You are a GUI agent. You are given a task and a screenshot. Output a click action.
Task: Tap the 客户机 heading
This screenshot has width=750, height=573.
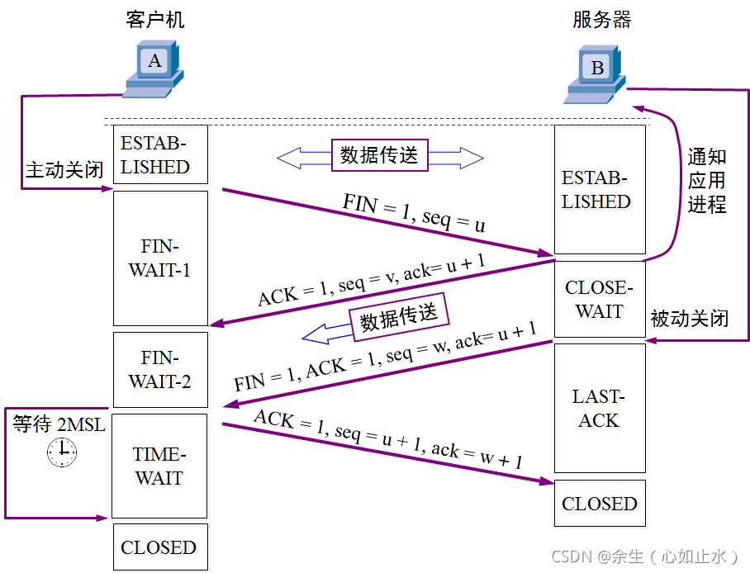click(155, 20)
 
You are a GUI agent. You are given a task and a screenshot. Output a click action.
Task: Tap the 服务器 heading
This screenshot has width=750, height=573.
click(601, 20)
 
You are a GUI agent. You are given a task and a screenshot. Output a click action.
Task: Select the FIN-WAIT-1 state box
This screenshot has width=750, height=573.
click(159, 258)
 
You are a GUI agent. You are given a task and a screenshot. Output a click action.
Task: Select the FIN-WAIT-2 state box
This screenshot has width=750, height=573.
click(159, 369)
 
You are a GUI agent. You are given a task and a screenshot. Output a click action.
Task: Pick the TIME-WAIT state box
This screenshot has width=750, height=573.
click(159, 466)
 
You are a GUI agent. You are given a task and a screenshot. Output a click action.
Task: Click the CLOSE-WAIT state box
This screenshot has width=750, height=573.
click(599, 299)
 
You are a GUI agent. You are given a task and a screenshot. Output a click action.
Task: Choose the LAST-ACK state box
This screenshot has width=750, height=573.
click(599, 409)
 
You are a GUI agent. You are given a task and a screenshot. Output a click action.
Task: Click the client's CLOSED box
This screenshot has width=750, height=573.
click(159, 547)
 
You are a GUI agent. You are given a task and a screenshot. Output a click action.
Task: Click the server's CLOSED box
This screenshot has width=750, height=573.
click(600, 504)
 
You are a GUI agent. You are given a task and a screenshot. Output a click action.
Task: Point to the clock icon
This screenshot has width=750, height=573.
click(61, 452)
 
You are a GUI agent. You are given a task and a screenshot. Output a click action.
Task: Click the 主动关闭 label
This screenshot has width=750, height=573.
click(64, 171)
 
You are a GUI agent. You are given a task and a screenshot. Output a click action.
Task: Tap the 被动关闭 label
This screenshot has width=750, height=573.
click(689, 318)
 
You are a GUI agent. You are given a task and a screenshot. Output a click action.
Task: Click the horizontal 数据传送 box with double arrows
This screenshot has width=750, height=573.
click(380, 154)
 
